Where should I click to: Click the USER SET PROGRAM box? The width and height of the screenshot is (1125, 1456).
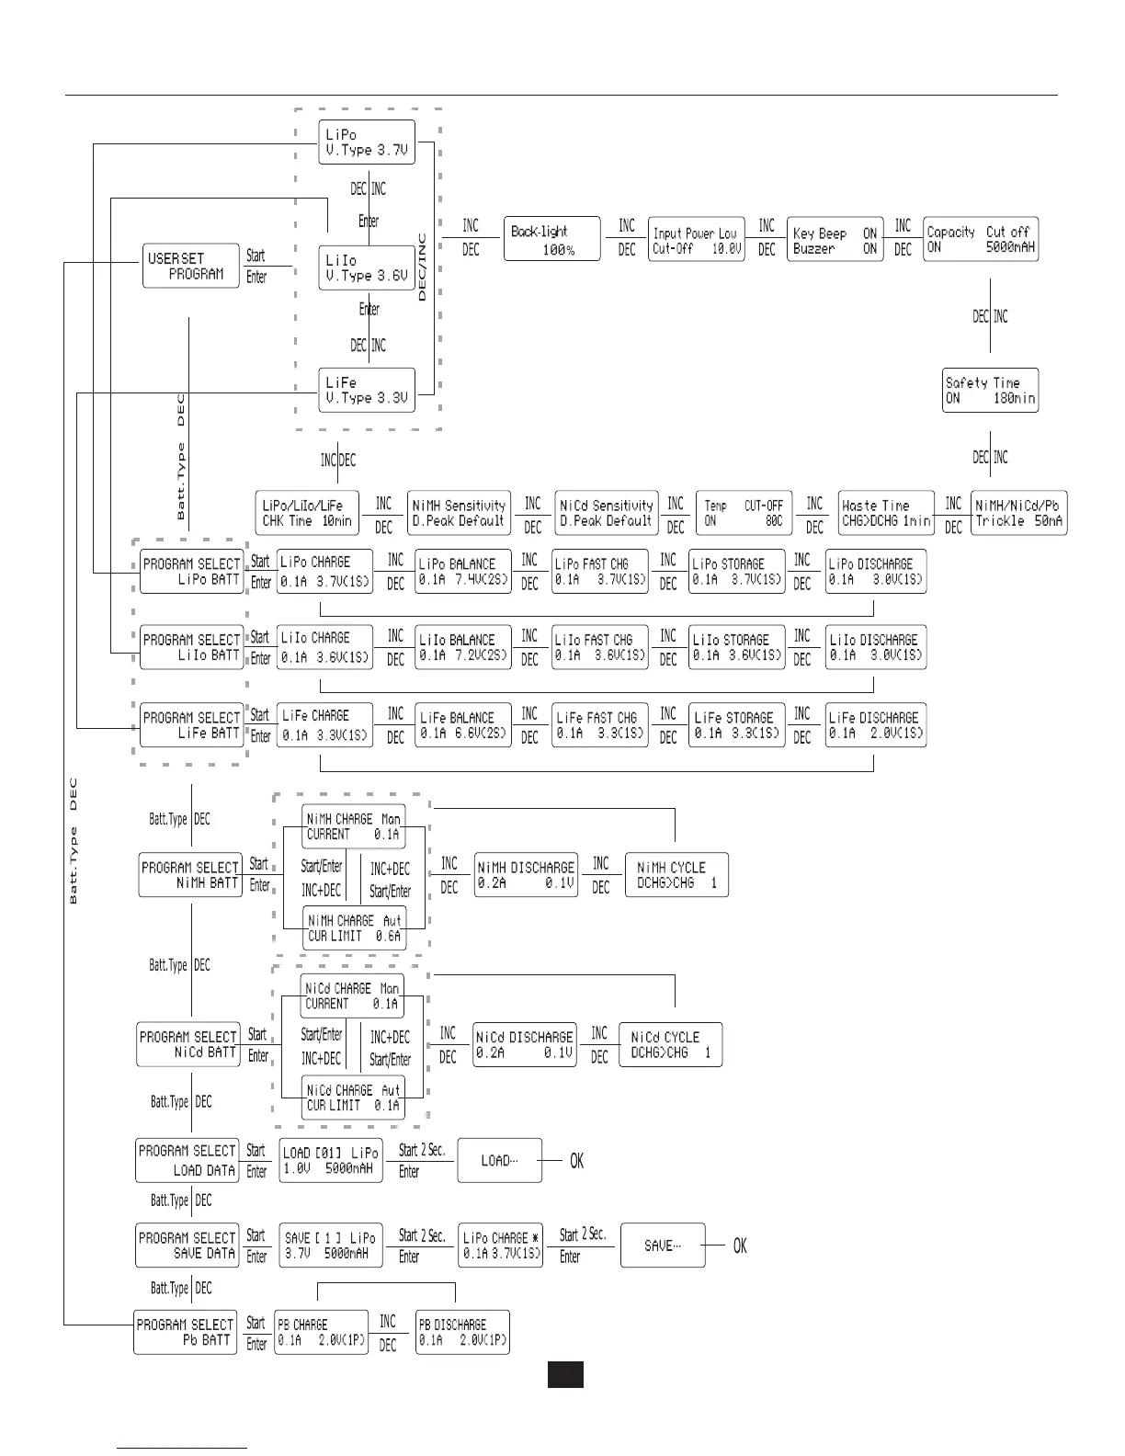click(189, 266)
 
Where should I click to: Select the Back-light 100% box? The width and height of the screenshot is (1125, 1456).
click(551, 240)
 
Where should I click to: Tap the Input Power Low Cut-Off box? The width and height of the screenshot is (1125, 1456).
click(697, 240)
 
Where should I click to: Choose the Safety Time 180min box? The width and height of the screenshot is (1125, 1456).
click(990, 391)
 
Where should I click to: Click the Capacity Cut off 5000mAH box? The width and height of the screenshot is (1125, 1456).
click(980, 239)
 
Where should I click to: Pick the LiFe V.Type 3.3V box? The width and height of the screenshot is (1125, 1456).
click(367, 391)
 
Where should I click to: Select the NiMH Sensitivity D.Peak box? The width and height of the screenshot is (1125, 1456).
click(459, 513)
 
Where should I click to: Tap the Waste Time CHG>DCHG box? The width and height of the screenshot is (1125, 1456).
click(886, 513)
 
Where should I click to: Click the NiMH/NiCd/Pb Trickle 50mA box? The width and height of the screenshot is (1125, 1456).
click(1018, 513)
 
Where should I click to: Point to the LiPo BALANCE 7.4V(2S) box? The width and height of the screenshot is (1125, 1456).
click(462, 571)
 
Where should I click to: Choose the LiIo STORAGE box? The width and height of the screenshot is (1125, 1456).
click(737, 647)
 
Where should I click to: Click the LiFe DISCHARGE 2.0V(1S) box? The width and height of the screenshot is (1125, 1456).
click(874, 725)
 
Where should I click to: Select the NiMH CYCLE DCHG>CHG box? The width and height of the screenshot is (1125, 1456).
click(676, 875)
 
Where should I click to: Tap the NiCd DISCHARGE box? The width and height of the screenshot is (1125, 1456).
click(524, 1044)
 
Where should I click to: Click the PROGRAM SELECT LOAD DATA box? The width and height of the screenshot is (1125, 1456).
click(187, 1160)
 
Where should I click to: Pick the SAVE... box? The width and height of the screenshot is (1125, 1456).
click(663, 1246)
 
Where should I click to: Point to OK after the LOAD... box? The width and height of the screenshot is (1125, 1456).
click(576, 1162)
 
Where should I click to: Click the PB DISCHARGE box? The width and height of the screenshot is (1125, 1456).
click(461, 1332)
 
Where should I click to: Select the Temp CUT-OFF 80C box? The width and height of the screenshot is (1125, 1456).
click(744, 513)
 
